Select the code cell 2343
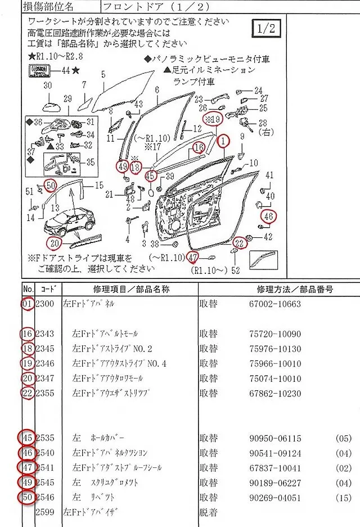click(x=44, y=334)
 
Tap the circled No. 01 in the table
click(x=28, y=304)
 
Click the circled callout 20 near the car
click(x=54, y=244)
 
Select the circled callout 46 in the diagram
click(x=268, y=215)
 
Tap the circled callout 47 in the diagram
click(x=194, y=258)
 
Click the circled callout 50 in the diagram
click(x=51, y=184)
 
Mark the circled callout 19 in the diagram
click(x=214, y=119)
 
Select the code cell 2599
click(x=44, y=512)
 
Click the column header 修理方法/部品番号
click(x=295, y=290)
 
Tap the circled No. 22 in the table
click(x=28, y=393)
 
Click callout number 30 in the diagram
click(x=48, y=85)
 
